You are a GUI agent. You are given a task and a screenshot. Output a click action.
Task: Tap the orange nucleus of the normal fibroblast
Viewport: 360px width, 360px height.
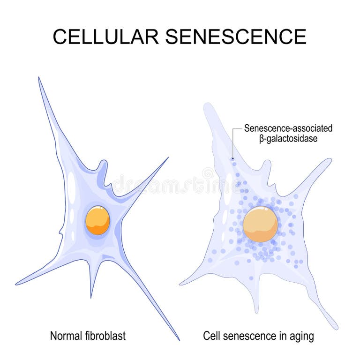point(97,220)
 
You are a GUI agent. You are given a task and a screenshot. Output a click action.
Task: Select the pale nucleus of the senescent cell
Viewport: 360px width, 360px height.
point(260,225)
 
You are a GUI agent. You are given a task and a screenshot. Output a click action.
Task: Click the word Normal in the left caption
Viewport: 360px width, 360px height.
point(66,336)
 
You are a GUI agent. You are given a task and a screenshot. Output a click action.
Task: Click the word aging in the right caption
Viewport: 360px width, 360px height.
point(302,336)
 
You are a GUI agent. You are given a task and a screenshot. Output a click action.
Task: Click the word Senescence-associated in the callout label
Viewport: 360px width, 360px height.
point(288,128)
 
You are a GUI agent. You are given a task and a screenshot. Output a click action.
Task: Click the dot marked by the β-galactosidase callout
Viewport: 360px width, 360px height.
point(233,159)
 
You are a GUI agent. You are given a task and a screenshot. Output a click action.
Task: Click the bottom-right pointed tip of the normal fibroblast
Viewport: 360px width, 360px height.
point(179,339)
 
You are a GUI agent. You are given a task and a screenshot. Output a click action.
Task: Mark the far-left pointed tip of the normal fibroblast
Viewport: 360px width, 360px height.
point(17,284)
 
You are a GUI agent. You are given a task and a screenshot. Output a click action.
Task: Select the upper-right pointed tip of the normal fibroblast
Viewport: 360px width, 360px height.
point(167,158)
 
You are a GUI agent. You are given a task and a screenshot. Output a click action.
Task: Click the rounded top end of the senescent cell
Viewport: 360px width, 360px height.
point(208,106)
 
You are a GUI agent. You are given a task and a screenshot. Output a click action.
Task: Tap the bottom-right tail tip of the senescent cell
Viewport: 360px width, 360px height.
point(335,328)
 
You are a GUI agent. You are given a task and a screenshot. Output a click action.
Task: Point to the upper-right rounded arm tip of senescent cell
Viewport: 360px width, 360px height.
point(328,161)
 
